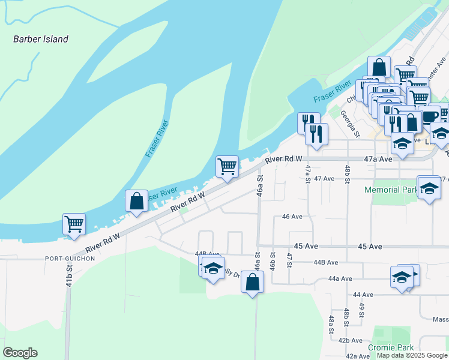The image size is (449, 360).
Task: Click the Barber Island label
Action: [41, 39]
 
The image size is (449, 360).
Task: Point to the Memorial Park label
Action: [391, 190]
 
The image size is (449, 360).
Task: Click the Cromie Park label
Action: [391, 347]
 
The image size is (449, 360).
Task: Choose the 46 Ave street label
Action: [292, 217]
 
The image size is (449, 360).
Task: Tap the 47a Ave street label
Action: [378, 159]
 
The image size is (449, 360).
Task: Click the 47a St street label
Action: [307, 174]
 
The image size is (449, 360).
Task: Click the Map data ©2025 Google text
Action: [411, 355]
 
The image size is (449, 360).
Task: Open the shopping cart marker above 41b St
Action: [74, 224]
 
